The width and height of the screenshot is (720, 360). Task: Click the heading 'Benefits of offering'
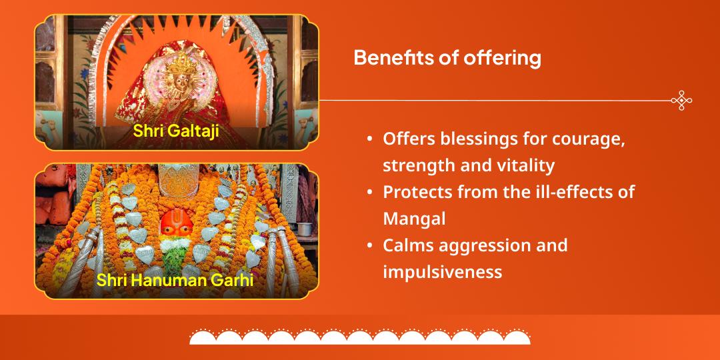point(447,58)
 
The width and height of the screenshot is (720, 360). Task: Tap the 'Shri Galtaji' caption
point(176,130)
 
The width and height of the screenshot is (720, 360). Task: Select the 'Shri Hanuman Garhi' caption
point(175,279)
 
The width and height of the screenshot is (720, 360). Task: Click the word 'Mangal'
point(414,219)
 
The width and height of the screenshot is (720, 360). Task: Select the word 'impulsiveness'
point(442,272)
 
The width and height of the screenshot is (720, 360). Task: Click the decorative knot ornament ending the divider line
point(681,101)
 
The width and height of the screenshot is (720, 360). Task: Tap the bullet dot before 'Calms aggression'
point(369,246)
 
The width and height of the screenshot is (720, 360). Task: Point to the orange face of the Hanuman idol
point(175,226)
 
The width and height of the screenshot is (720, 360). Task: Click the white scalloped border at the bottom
point(360,337)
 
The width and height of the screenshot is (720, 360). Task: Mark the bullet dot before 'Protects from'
point(369,193)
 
